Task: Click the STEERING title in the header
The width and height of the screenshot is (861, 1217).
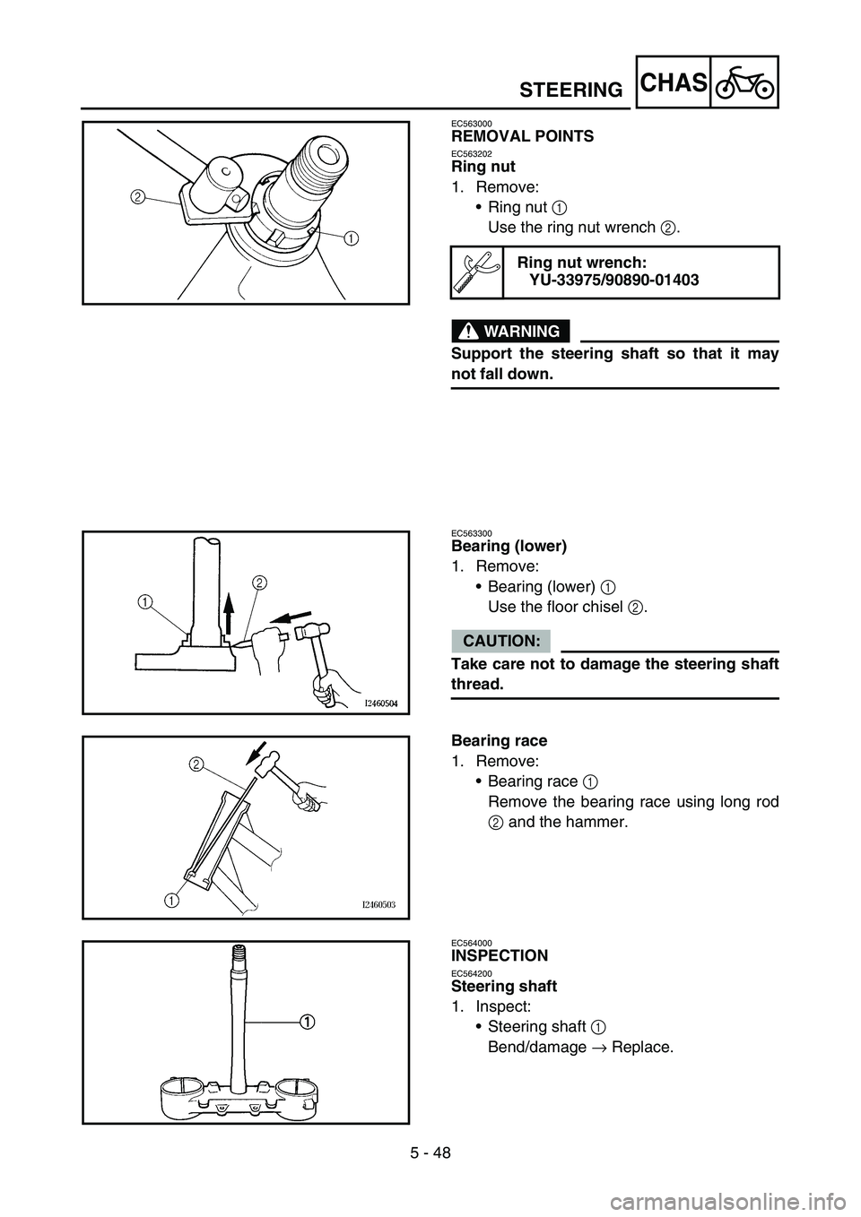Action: (x=570, y=90)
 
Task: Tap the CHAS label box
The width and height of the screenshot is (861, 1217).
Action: (x=674, y=82)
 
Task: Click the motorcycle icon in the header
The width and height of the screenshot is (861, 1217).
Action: (x=744, y=82)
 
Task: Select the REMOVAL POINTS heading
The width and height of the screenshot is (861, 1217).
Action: (x=522, y=136)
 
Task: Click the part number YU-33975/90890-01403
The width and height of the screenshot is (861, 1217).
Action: (x=614, y=281)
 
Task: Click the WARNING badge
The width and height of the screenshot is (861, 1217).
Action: (x=510, y=332)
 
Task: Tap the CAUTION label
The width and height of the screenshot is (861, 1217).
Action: (x=500, y=641)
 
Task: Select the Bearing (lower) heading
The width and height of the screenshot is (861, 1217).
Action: (x=509, y=546)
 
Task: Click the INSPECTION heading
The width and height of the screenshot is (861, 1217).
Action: (x=500, y=955)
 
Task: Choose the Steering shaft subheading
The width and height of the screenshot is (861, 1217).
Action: (x=504, y=986)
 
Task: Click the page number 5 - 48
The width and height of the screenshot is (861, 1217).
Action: (x=430, y=1152)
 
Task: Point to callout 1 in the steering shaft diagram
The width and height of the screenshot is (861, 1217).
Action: (x=306, y=1021)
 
